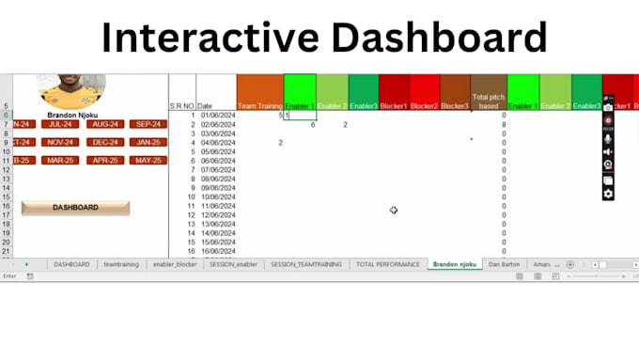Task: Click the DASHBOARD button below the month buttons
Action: (x=75, y=208)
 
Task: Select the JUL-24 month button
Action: (x=60, y=124)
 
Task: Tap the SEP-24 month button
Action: (x=148, y=124)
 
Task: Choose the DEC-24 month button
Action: (x=103, y=142)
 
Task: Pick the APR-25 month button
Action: (x=103, y=160)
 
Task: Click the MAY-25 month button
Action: (x=148, y=160)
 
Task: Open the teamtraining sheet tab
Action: (x=121, y=265)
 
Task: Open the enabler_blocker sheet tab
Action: (x=176, y=265)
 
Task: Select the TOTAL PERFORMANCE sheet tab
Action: (x=388, y=265)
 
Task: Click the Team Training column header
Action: (x=259, y=106)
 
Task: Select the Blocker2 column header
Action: (x=424, y=106)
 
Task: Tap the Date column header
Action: (x=205, y=107)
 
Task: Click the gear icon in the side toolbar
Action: (x=609, y=194)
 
